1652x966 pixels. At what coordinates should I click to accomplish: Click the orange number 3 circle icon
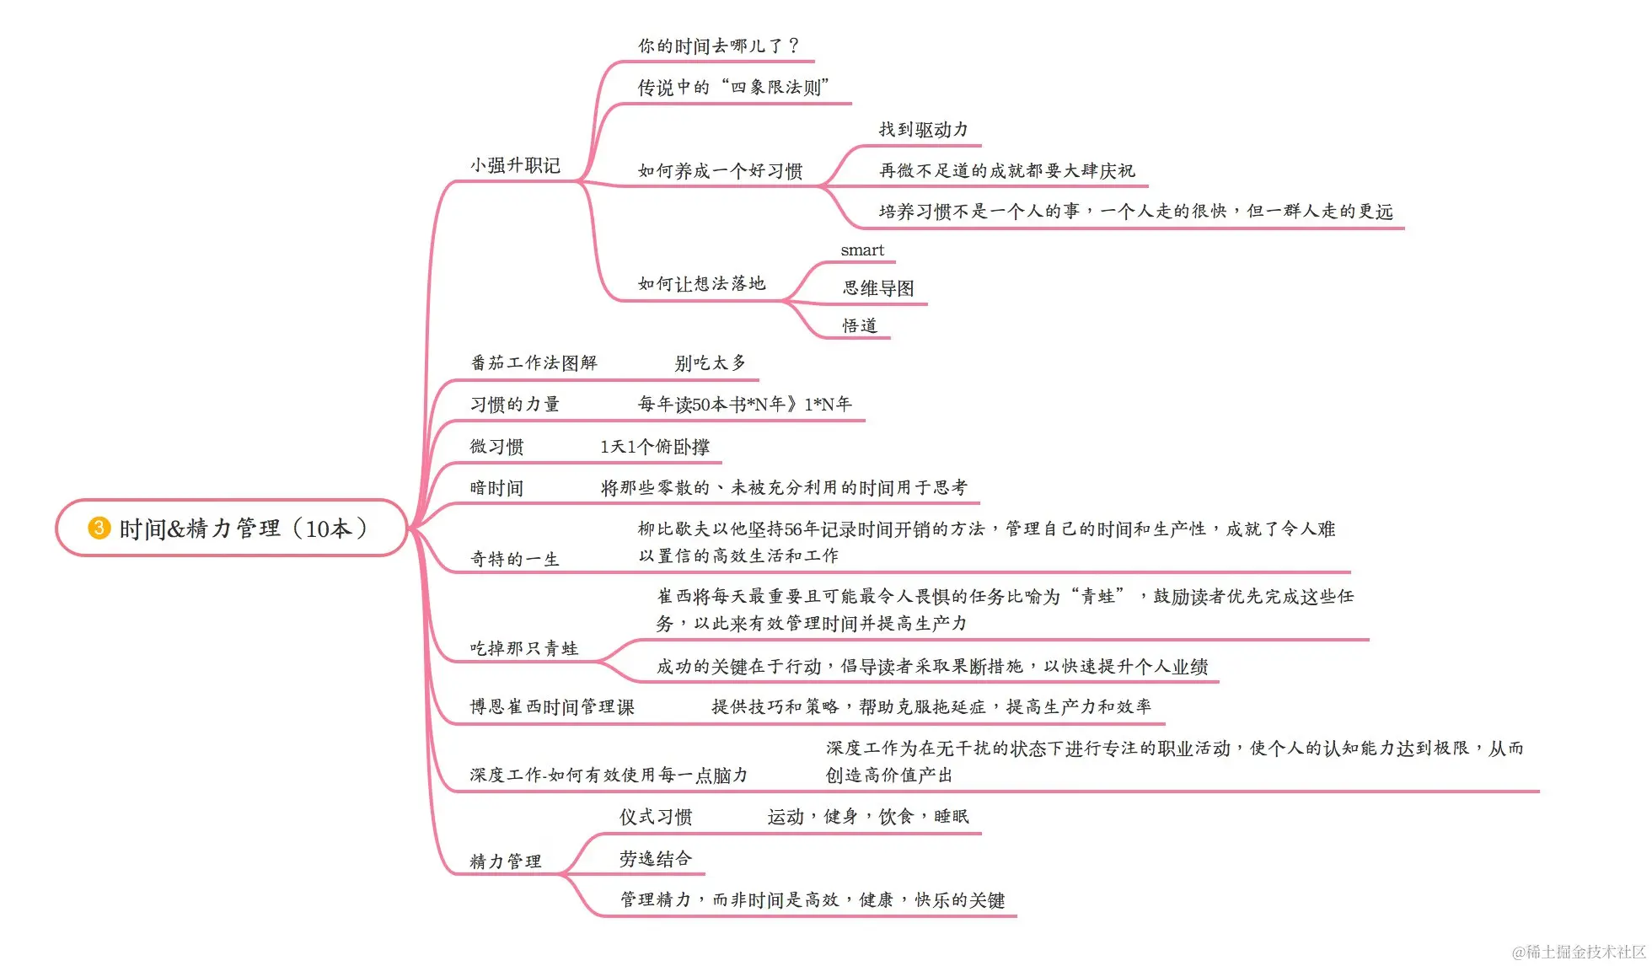coord(99,529)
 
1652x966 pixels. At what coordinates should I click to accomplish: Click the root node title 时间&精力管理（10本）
coord(244,529)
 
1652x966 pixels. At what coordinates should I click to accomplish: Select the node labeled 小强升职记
coord(515,165)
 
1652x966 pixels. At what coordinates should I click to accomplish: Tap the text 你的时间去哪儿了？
coord(718,46)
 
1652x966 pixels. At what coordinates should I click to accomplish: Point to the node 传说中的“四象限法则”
coord(733,87)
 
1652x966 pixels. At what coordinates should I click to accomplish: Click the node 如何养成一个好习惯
coord(720,171)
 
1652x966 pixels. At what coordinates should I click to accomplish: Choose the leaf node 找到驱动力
coord(923,130)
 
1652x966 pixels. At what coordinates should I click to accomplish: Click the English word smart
coord(862,250)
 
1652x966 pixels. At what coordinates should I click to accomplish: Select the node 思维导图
coord(878,288)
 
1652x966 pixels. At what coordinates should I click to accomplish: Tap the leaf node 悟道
coord(860,325)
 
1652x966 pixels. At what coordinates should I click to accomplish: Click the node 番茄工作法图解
coord(534,363)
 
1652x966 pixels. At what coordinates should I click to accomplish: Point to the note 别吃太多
coord(711,363)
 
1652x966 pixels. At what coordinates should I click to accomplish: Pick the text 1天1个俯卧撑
coord(655,447)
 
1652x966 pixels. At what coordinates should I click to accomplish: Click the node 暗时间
coord(496,488)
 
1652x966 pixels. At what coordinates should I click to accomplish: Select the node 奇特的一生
coord(514,559)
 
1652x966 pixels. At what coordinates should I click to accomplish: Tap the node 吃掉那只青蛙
coord(523,648)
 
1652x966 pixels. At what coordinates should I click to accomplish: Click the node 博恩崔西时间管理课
coord(552,707)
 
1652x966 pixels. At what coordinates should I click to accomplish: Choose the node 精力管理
coord(506,861)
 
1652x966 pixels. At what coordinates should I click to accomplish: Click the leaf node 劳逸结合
coord(656,859)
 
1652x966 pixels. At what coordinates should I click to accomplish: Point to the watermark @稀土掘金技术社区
coord(1579,952)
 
